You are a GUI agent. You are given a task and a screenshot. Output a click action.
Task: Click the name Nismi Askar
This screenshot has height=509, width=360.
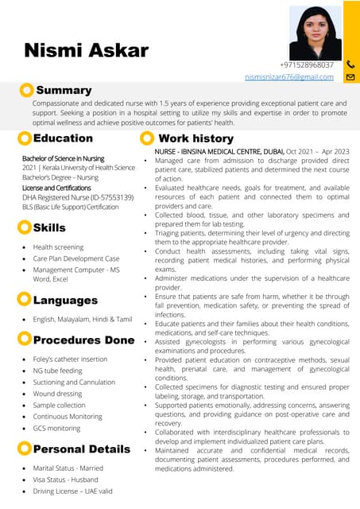click(x=86, y=51)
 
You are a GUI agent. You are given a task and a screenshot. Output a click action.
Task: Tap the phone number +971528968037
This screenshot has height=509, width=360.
click(x=306, y=64)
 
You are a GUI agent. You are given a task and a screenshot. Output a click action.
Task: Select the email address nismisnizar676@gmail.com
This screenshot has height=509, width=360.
click(x=288, y=76)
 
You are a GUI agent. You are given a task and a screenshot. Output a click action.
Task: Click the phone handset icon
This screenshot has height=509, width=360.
click(x=350, y=64)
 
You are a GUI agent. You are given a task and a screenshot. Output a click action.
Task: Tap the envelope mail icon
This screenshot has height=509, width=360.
click(x=350, y=77)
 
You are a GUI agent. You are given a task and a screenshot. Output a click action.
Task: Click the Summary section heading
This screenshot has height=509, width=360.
click(x=64, y=91)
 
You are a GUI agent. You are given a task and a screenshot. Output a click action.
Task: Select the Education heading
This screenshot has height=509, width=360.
click(x=63, y=138)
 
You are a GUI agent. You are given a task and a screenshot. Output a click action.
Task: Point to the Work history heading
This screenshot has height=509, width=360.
click(x=195, y=138)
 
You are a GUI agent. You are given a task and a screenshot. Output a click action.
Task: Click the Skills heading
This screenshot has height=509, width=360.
click(x=49, y=228)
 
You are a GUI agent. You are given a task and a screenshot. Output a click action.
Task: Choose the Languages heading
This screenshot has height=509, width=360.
click(x=65, y=300)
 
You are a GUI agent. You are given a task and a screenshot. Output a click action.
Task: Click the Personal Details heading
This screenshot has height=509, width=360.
click(x=81, y=449)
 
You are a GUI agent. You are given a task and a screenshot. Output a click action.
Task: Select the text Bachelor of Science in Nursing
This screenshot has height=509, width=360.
click(x=63, y=158)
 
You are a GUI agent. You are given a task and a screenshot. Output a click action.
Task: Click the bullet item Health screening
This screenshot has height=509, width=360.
click(x=58, y=247)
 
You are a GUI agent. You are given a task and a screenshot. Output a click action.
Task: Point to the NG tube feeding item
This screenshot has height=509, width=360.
click(x=57, y=371)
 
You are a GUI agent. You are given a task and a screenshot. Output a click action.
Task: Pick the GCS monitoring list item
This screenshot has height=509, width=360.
click(x=56, y=428)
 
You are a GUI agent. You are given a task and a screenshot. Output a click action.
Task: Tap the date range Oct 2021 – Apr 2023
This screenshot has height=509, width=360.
click(x=318, y=151)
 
